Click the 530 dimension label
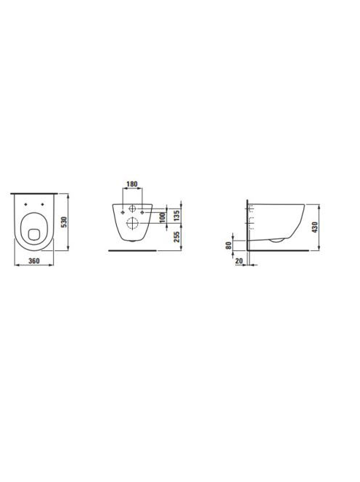pyautogui.click(x=64, y=222)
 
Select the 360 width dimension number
pyautogui.click(x=34, y=261)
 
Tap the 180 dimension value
pyautogui.click(x=132, y=184)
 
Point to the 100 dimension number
pyautogui.click(x=163, y=217)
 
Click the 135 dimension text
pyautogui.click(x=176, y=216)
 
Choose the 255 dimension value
pyautogui.click(x=176, y=237)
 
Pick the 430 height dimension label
pyautogui.click(x=314, y=227)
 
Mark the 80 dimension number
pyautogui.click(x=229, y=245)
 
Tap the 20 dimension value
pyautogui.click(x=239, y=261)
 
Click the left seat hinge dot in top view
pyautogui.click(x=26, y=205)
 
